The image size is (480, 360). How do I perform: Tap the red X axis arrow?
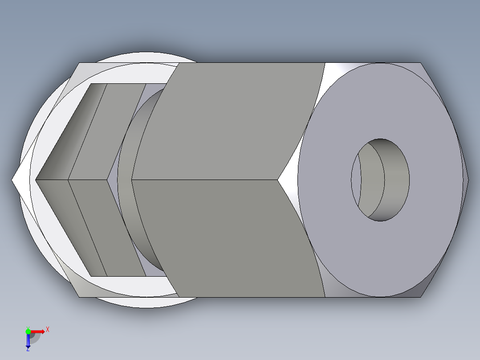[38, 331]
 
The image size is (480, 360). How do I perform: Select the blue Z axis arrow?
[28, 341]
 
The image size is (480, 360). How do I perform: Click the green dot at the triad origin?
[28, 331]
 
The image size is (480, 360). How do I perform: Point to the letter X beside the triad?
[47, 330]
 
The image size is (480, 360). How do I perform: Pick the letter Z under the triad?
[28, 350]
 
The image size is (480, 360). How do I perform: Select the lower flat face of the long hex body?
[232, 238]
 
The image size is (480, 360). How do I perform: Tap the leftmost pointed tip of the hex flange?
[13, 180]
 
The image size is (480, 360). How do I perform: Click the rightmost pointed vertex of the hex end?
[468, 180]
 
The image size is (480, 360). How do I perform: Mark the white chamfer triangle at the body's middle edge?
[289, 180]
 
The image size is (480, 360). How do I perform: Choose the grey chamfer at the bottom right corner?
[427, 285]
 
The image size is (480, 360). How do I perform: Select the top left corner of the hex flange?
[81, 63]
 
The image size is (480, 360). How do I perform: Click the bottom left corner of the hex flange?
[80, 296]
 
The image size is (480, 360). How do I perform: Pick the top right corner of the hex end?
[420, 63]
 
